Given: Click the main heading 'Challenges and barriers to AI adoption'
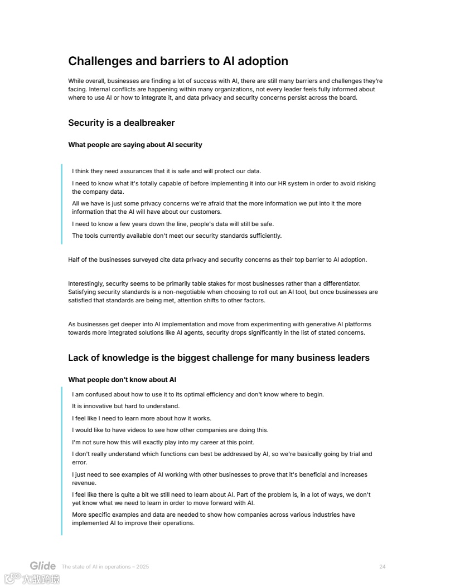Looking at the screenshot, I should pos(178,61).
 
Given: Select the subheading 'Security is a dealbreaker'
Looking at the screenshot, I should pos(121,122).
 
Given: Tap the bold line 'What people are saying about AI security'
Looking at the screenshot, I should pos(135,145).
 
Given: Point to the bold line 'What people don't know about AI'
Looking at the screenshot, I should pos(122,380).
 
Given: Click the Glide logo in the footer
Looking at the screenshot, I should pos(43,566).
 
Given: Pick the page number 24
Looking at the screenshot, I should pos(382,567).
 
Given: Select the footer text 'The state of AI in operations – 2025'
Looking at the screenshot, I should pos(105,567).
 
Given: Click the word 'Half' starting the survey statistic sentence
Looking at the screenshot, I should pos(74,259).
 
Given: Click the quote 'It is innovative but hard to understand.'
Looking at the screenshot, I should pos(125,406).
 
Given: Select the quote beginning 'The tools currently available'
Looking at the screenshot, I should pos(177,236).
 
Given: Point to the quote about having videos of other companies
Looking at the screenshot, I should pos(170,430).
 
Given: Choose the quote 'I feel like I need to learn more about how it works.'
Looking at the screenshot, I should pos(142,418).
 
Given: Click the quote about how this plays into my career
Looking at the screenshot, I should pos(163,442).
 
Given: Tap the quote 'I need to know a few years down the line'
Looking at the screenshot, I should pos(173,224).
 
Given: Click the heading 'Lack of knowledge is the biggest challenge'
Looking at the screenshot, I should pos(219,357).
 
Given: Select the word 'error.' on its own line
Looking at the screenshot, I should pos(80,462).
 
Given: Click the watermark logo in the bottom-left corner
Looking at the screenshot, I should pos(32,579).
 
